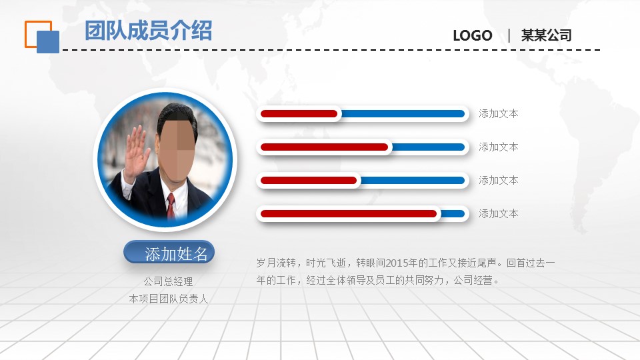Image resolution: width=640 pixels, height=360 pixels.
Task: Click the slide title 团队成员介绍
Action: pyautogui.click(x=149, y=31)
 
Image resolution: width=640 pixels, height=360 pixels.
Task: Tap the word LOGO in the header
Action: pyautogui.click(x=473, y=35)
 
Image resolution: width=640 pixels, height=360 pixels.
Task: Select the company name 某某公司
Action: pyautogui.click(x=546, y=35)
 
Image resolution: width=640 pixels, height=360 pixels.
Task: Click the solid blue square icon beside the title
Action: pyautogui.click(x=48, y=41)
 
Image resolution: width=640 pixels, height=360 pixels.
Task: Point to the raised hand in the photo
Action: pyautogui.click(x=136, y=152)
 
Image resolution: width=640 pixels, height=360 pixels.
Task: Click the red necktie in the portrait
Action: pyautogui.click(x=171, y=207)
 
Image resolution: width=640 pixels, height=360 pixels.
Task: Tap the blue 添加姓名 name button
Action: pyautogui.click(x=169, y=253)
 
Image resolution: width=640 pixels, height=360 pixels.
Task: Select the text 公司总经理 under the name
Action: pyautogui.click(x=168, y=281)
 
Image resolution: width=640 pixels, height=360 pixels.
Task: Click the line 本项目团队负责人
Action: pyautogui.click(x=168, y=299)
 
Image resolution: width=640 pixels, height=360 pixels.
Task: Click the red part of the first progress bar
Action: pyautogui.click(x=299, y=114)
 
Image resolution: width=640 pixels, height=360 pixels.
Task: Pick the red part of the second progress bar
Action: pyautogui.click(x=325, y=147)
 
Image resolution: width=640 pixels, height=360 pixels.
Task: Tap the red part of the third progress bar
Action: pyautogui.click(x=309, y=181)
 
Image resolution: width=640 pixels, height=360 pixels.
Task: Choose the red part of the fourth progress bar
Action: pyautogui.click(x=349, y=214)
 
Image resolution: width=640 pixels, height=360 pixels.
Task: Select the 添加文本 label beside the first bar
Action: pyautogui.click(x=499, y=114)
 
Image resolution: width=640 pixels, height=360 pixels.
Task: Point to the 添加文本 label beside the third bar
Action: pyautogui.click(x=499, y=181)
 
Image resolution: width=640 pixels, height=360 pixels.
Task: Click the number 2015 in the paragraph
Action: pyautogui.click(x=396, y=263)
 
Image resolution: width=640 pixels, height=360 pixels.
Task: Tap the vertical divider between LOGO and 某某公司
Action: pyautogui.click(x=509, y=35)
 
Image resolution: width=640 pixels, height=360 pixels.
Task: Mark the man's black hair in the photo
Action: pyautogui.click(x=175, y=115)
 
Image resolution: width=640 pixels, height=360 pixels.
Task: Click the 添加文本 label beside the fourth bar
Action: pyautogui.click(x=499, y=214)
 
